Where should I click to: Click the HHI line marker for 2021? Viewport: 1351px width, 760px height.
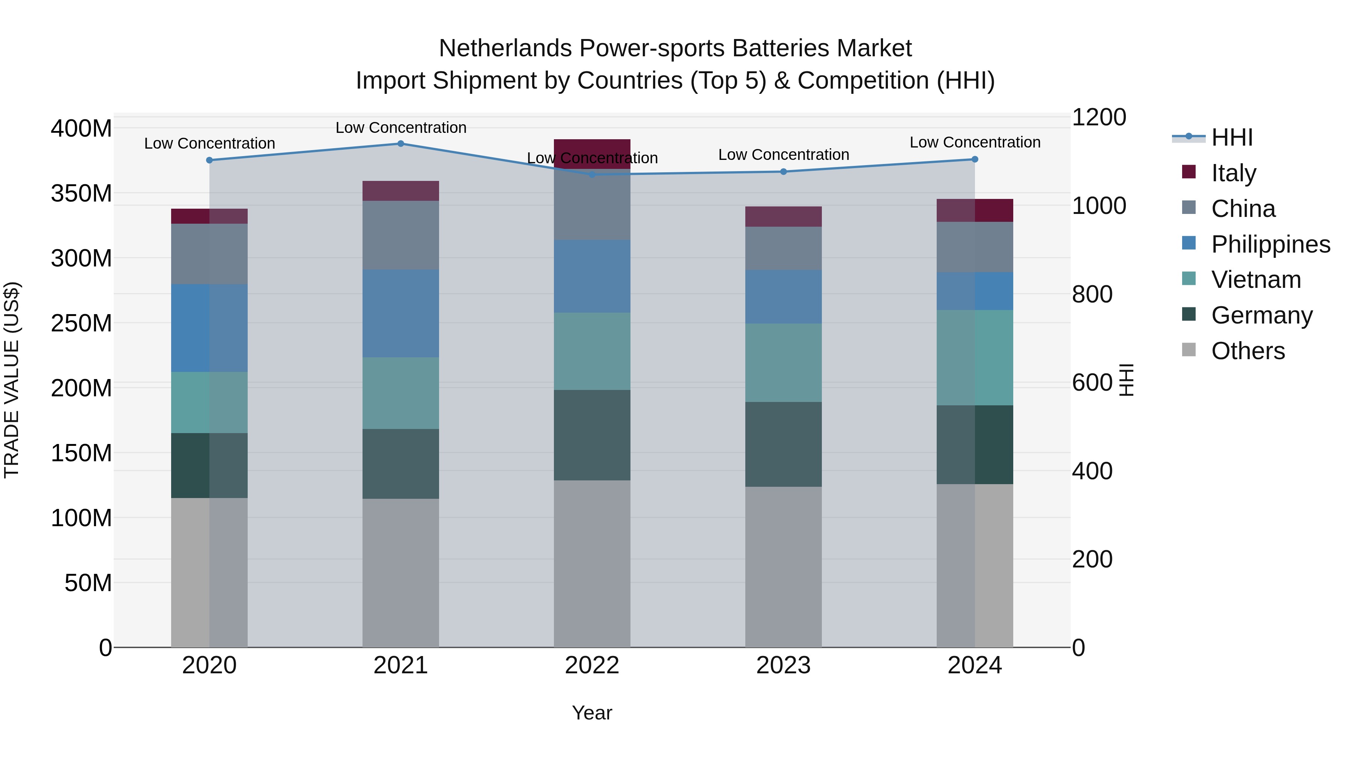tap(401, 144)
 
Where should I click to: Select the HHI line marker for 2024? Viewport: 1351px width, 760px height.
tap(975, 160)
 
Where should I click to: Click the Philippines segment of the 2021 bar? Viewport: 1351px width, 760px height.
tap(401, 314)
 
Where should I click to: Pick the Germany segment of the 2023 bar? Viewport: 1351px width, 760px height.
tap(784, 444)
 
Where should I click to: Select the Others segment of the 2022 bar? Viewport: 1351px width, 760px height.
tap(592, 564)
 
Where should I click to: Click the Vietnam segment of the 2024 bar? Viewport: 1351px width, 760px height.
tap(975, 358)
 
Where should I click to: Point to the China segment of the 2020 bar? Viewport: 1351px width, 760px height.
tap(209, 254)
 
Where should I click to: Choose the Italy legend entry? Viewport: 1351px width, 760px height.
tap(1233, 173)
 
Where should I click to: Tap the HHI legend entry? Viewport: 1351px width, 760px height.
tap(1231, 137)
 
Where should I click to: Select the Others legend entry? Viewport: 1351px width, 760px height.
tap(1247, 351)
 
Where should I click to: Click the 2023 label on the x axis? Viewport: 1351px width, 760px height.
tap(784, 665)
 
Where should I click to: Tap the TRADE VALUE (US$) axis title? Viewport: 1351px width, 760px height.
tap(12, 380)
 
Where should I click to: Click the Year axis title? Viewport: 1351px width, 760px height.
tap(592, 713)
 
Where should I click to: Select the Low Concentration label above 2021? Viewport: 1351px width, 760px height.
tap(401, 128)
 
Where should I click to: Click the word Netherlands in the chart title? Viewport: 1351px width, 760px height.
tap(505, 48)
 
